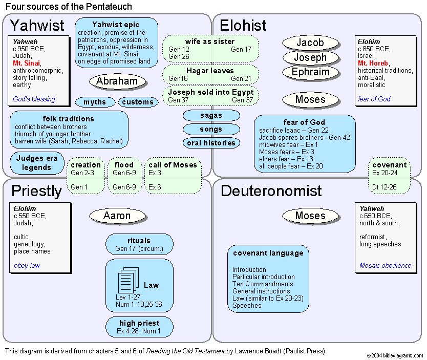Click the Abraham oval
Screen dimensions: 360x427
point(117,81)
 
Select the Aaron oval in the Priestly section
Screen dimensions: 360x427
point(117,216)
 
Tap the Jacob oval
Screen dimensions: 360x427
point(310,43)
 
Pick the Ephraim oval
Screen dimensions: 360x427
point(310,72)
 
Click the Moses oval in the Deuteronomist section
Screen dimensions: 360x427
point(310,216)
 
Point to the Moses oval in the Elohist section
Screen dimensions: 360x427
point(310,99)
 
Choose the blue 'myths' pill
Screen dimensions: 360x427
point(95,102)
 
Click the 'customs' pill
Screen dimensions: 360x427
point(138,102)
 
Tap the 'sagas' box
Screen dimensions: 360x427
point(211,116)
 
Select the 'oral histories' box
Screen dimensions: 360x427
point(211,143)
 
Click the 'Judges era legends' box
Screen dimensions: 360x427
point(37,163)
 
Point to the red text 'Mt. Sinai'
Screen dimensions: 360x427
point(27,63)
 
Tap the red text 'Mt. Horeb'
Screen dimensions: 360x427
point(373,63)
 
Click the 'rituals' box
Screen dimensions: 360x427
point(139,244)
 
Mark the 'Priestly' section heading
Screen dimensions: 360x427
point(36,191)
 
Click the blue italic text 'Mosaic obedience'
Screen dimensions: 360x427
point(385,265)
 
